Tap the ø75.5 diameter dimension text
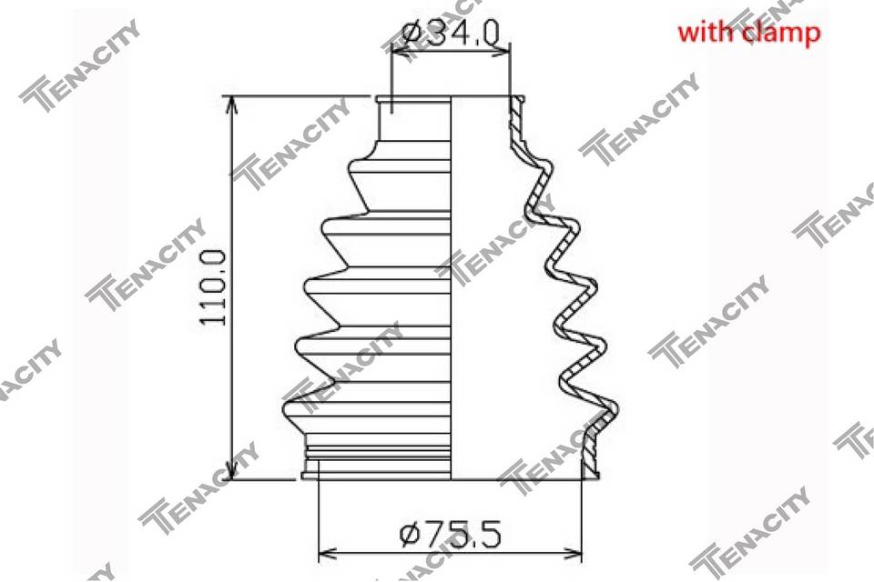(x=451, y=534)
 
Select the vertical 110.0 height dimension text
(x=214, y=287)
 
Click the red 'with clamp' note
(x=748, y=33)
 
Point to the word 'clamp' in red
(x=781, y=34)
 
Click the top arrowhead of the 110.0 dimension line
(x=231, y=105)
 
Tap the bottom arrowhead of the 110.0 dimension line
(x=231, y=469)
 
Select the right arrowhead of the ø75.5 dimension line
(x=571, y=554)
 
